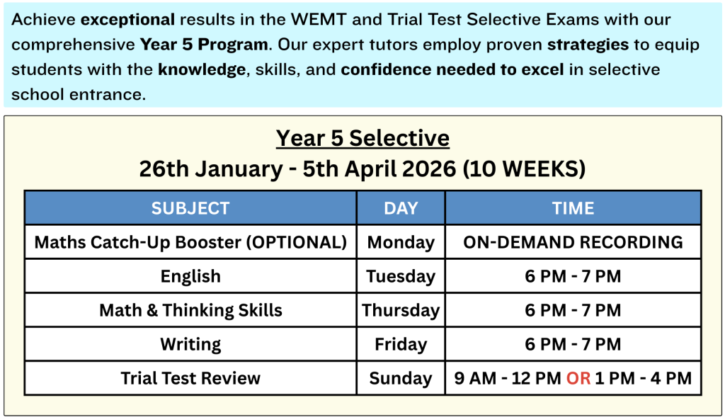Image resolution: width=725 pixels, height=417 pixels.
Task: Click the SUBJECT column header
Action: pos(190,208)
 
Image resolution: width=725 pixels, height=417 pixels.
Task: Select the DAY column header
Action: pos(401,208)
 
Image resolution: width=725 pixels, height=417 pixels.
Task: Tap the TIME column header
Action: pos(573,208)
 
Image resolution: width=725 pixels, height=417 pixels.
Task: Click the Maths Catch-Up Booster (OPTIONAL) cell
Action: pos(190,242)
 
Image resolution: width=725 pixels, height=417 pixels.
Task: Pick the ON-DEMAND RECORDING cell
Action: pos(573,242)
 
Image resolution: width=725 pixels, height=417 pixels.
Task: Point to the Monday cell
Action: pos(401,243)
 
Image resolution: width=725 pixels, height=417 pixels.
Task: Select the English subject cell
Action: pos(190,276)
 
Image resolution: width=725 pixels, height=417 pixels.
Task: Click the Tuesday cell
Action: pos(401,276)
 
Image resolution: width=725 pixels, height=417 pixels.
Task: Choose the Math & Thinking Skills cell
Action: pos(190,310)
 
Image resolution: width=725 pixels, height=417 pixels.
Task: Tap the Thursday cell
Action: pos(401,310)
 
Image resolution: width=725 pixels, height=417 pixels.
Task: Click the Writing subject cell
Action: pos(190,344)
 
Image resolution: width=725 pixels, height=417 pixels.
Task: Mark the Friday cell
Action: pos(401,344)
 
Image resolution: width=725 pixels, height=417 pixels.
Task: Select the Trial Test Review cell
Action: pos(190,378)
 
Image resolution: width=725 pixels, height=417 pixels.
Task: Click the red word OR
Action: pos(578,378)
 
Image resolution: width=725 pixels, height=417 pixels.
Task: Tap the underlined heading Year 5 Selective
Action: pos(362,138)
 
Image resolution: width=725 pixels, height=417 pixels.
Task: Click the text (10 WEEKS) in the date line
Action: pos(525,168)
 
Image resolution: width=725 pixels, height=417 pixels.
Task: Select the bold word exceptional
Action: pos(127,20)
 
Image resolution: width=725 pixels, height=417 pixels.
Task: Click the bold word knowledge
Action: pos(202,69)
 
